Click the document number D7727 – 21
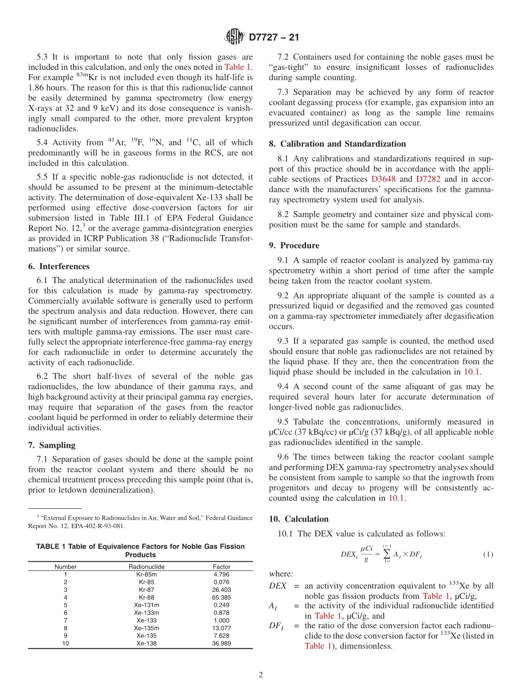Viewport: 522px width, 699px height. tap(274, 37)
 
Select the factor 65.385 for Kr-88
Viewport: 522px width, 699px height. tap(221, 597)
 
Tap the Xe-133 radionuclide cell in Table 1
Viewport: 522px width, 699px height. tap(147, 620)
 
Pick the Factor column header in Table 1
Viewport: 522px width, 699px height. tap(221, 567)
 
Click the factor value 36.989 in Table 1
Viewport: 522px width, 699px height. tap(221, 643)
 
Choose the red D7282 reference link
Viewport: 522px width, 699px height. tap(428, 179)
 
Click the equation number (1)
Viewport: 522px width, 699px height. tap(488, 554)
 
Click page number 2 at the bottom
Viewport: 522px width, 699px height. tap(261, 675)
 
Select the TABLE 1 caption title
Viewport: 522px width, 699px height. tap(140, 550)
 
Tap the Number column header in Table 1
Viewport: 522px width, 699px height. tap(65, 567)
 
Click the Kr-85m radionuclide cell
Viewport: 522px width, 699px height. tap(147, 574)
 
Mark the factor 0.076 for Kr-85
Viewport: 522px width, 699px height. tap(221, 582)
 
